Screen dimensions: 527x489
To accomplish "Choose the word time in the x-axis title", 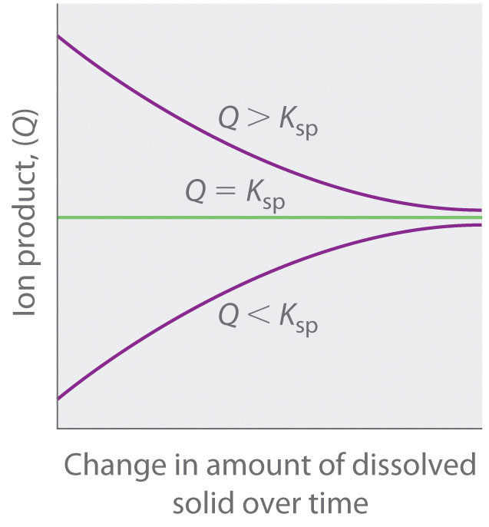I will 338,503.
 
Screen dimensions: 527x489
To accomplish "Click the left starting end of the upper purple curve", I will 59,37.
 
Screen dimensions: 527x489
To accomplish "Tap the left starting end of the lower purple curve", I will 59,398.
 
